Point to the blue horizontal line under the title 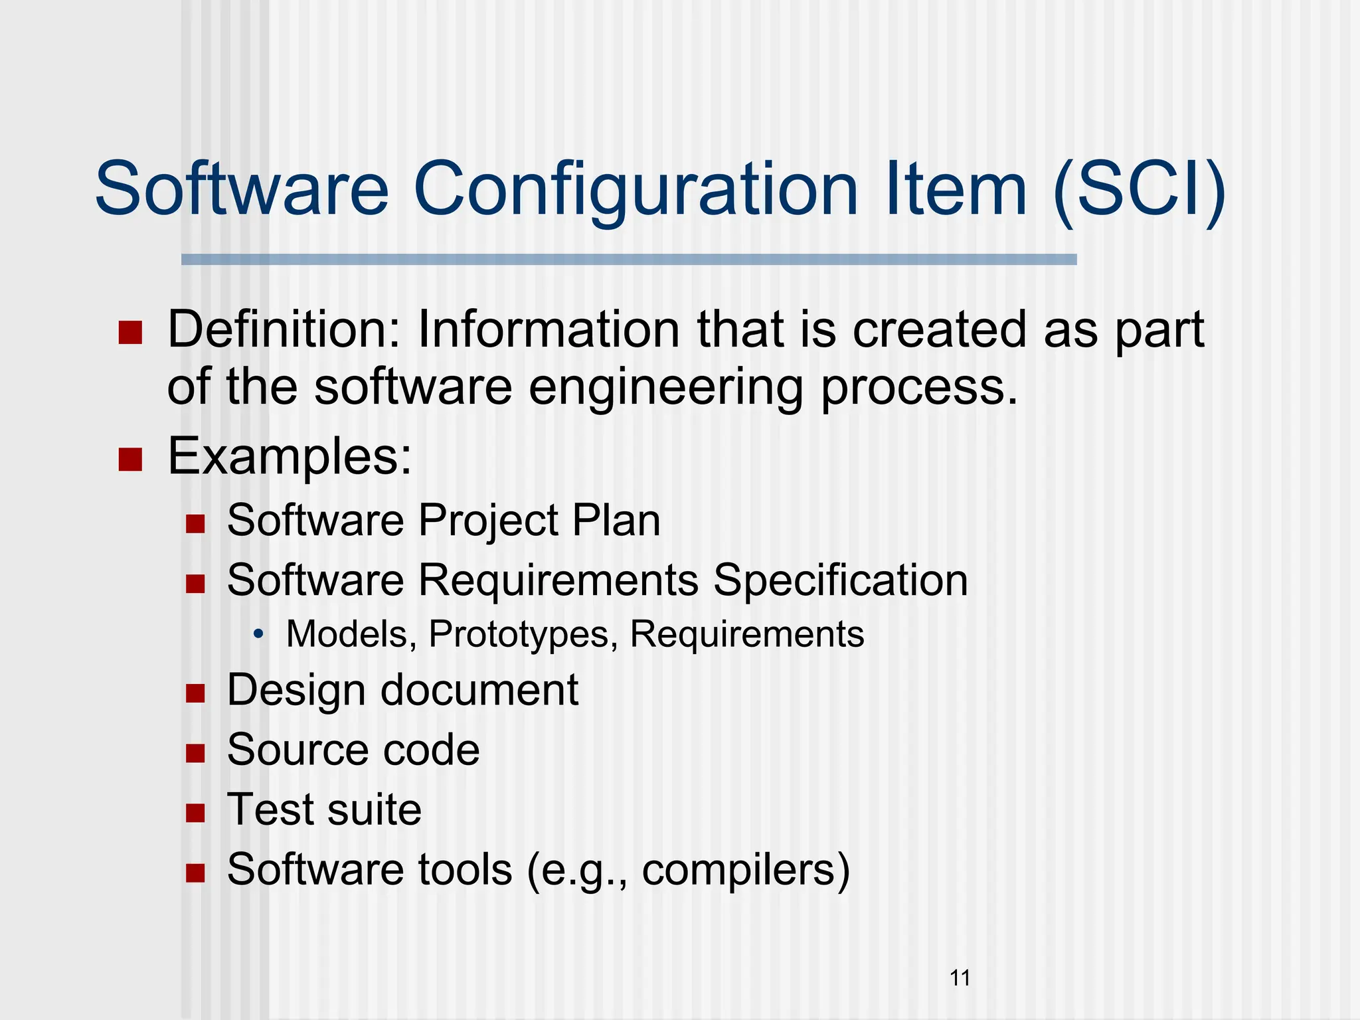point(628,260)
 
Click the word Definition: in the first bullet point(284,330)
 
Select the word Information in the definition point(548,330)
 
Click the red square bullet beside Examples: point(130,459)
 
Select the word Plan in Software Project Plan point(616,520)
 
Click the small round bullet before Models point(258,634)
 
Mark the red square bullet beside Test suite point(195,813)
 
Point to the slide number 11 point(960,978)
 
